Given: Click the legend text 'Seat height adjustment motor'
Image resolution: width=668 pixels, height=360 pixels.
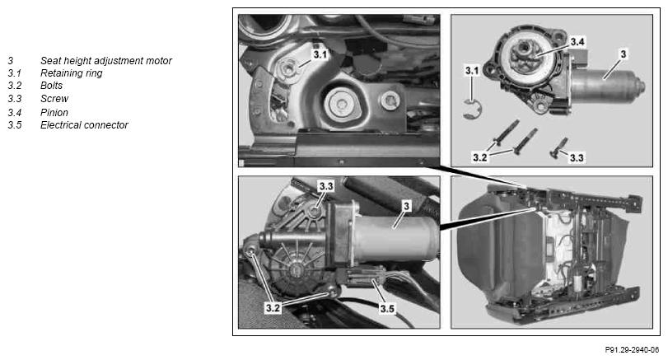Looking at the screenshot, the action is tap(105, 61).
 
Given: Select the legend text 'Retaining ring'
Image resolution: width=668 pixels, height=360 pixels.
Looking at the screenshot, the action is tap(71, 73).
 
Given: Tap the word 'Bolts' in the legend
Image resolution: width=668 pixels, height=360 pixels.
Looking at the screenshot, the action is tap(51, 86).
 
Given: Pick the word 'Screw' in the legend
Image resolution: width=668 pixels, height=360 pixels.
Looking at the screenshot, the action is tap(54, 99).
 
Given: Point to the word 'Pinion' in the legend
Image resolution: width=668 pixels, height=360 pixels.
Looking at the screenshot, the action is tap(54, 113).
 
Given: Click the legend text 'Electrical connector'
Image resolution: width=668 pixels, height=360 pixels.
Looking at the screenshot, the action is tap(84, 125).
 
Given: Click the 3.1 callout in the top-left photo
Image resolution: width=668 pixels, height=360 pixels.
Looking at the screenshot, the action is tap(320, 54).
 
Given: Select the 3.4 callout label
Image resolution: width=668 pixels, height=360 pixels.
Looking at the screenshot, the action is tap(577, 41).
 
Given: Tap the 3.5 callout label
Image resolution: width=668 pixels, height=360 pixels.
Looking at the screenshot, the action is tap(387, 308).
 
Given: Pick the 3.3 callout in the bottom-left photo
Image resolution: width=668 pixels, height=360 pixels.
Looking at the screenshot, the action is tap(326, 186).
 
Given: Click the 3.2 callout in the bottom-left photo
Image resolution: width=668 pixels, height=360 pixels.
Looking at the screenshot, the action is tap(273, 307).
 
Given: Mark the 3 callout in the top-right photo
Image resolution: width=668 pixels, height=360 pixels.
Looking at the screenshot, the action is tap(624, 54).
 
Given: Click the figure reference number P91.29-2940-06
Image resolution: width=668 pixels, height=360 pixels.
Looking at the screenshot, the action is tap(632, 350).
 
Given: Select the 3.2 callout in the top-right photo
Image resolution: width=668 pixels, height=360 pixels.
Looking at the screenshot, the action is tap(479, 157).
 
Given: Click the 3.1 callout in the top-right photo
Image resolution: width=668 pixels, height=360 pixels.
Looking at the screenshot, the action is tap(472, 70).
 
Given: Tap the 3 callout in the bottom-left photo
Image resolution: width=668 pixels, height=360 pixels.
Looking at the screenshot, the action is tap(406, 206).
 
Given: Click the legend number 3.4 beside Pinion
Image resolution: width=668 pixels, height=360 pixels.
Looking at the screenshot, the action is tap(15, 113).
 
